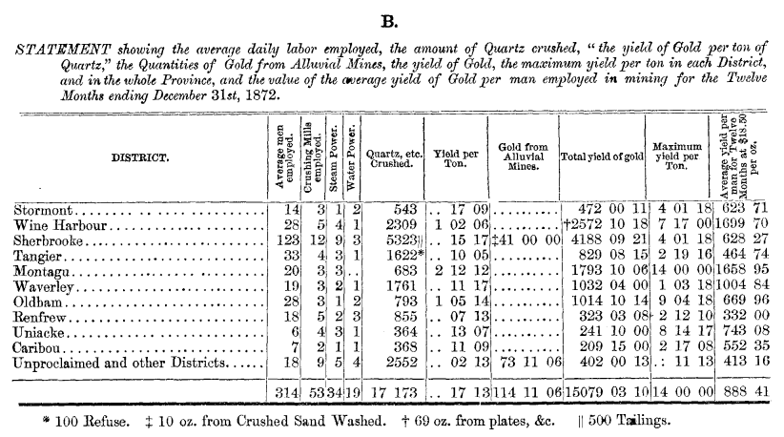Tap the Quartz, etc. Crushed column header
393,157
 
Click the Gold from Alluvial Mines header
522,157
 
